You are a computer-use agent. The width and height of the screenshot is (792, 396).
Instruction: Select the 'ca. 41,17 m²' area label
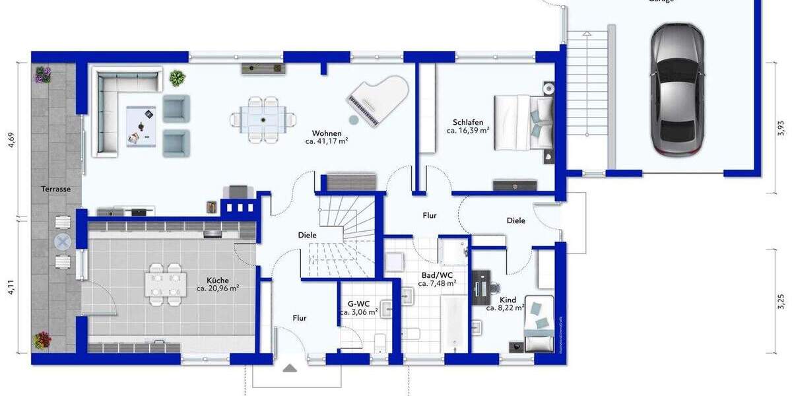coord(327,141)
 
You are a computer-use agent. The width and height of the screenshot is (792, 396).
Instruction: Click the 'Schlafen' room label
coord(468,122)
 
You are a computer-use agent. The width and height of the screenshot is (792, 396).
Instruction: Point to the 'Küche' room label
coord(217,280)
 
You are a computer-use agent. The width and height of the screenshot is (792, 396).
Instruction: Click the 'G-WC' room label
coord(358,304)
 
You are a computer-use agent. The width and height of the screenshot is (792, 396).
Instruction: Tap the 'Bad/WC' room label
coord(436,275)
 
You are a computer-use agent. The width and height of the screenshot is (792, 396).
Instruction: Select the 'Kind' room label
coord(508,300)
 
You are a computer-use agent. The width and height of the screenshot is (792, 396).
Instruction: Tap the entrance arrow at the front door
coord(290,367)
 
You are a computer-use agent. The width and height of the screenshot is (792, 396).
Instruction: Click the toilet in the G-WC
coord(379,343)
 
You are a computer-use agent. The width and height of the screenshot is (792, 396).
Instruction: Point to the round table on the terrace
coord(63,242)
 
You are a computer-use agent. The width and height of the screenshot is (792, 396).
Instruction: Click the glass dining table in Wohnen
coord(263,119)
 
